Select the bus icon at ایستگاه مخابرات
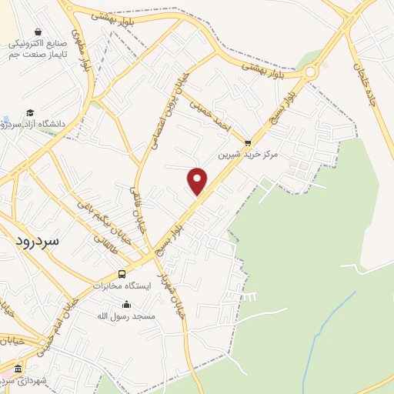122,274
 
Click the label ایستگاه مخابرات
122,285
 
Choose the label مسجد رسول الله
126,316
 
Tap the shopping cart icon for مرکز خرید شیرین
247,142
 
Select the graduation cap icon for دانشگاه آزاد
30,112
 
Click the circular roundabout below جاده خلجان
310,73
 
